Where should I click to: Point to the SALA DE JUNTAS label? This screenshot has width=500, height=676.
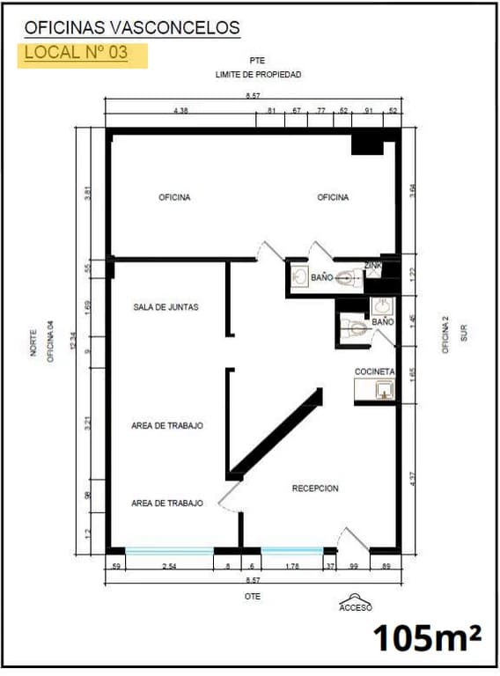[165, 307]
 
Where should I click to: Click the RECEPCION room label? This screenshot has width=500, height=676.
[314, 489]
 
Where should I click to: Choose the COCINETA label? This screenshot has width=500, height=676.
[375, 372]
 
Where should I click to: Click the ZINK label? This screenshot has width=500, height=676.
[373, 265]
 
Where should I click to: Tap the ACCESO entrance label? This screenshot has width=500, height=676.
[356, 607]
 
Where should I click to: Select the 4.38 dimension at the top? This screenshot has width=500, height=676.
[181, 112]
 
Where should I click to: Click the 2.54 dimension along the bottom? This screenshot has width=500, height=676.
[169, 568]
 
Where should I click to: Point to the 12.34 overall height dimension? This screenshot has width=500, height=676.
[74, 339]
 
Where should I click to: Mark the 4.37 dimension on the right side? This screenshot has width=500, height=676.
[413, 479]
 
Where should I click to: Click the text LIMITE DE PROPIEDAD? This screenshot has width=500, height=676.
[258, 75]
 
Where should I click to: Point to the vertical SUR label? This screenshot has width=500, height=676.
[464, 332]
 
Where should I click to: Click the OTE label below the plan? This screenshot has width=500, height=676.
[254, 596]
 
